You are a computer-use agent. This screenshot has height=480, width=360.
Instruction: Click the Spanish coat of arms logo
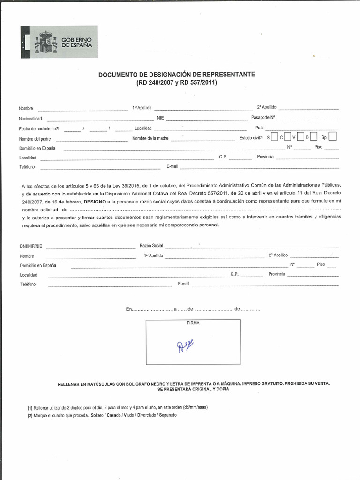click(x=47, y=42)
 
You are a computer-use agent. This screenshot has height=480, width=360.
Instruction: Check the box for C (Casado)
click(x=287, y=137)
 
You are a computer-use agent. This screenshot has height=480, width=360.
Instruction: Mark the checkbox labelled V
click(x=300, y=137)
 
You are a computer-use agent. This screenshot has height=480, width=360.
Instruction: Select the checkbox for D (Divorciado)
click(x=314, y=137)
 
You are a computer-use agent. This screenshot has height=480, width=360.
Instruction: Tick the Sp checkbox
click(x=332, y=137)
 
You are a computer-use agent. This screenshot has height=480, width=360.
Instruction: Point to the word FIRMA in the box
click(x=193, y=323)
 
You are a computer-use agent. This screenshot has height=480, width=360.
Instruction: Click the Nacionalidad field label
click(x=30, y=119)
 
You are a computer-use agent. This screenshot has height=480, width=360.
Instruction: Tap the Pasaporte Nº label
click(x=263, y=117)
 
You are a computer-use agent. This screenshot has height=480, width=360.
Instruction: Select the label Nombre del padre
click(x=35, y=139)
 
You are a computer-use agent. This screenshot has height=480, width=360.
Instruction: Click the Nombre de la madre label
click(x=150, y=138)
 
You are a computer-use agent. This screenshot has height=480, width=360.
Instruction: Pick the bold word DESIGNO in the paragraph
click(x=95, y=201)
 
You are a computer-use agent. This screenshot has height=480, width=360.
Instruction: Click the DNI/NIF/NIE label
click(x=31, y=246)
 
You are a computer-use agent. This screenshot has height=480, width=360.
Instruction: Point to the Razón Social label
click(x=151, y=246)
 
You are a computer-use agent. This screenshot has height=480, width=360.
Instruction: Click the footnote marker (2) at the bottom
click(x=30, y=416)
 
